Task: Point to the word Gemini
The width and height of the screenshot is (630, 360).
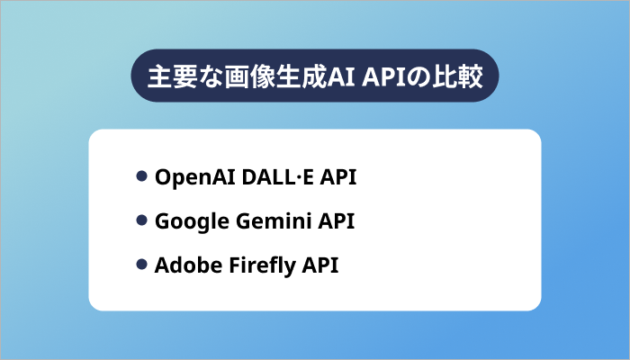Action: tap(265, 221)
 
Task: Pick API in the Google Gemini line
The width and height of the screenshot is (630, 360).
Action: tap(335, 221)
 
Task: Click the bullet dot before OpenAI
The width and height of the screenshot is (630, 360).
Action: tap(141, 176)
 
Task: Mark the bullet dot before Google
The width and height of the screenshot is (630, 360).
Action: tap(141, 220)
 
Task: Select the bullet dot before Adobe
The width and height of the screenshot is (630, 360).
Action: tap(141, 265)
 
